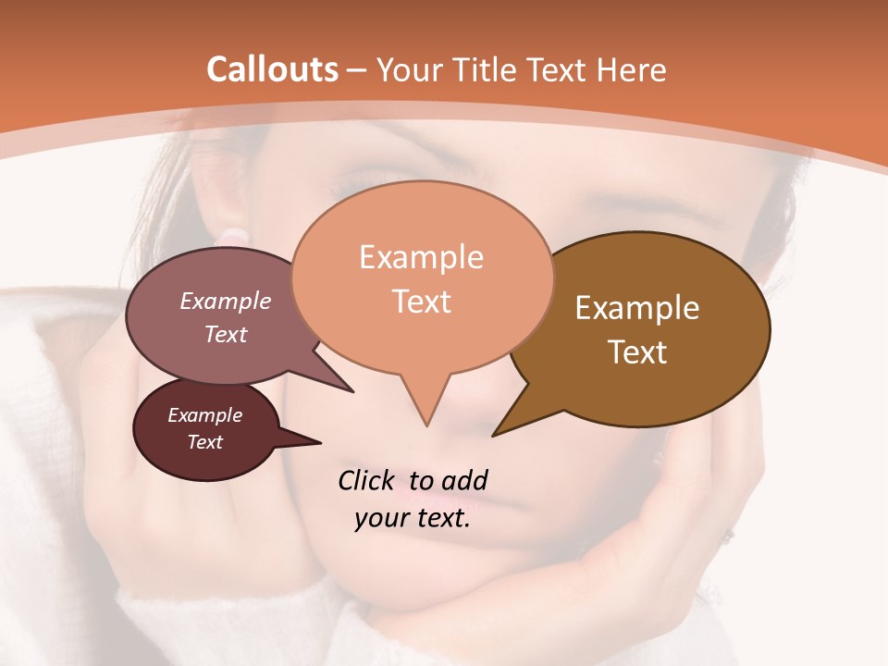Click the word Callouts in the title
point(272,69)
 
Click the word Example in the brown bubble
point(637,308)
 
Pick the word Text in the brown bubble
point(637,352)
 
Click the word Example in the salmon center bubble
point(421,257)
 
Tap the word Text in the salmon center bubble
point(421,302)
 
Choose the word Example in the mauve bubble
point(226,302)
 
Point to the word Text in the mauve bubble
point(226,335)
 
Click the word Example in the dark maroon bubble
point(204,416)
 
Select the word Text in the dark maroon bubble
point(204,442)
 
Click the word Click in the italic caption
point(367,481)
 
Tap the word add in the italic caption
point(463,481)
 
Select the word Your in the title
point(409,69)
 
